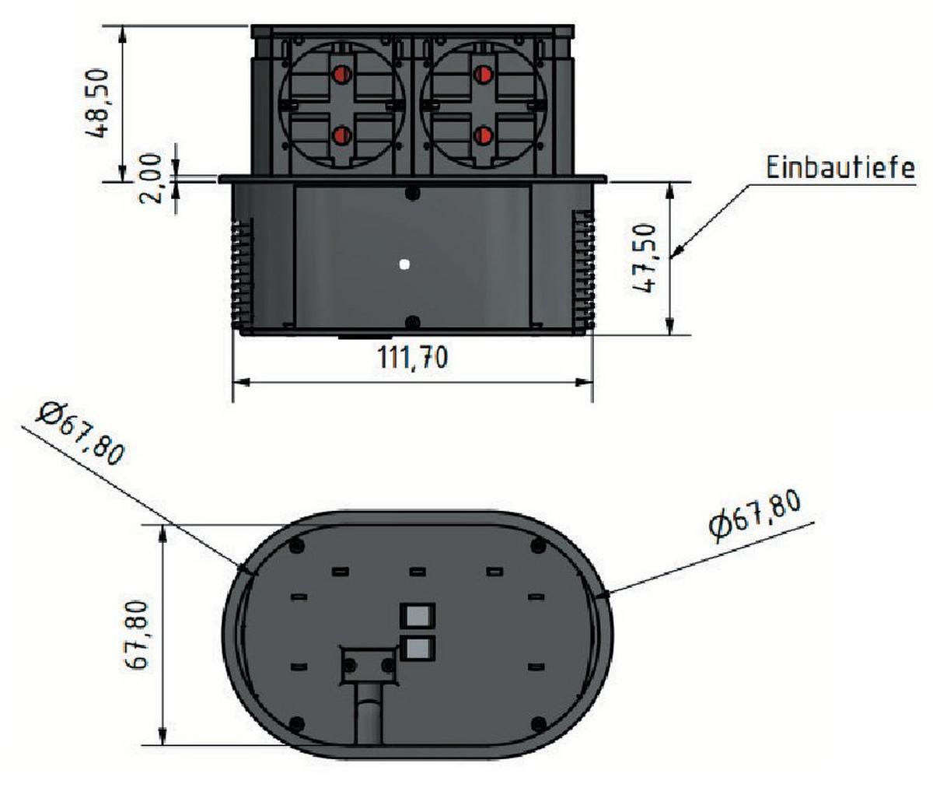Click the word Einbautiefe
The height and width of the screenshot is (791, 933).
tap(840, 168)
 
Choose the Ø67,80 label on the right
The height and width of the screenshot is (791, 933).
tap(754, 516)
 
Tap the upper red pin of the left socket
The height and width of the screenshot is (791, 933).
tap(341, 75)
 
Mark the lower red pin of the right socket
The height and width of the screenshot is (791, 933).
tap(482, 136)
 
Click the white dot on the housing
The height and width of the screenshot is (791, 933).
tap(404, 265)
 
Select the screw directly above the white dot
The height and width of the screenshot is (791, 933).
tap(413, 193)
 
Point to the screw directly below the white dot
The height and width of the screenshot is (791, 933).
tap(413, 322)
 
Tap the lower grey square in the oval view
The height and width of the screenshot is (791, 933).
tap(418, 646)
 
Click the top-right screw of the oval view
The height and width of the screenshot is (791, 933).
tap(536, 547)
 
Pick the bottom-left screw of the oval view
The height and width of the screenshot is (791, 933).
tap(295, 723)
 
